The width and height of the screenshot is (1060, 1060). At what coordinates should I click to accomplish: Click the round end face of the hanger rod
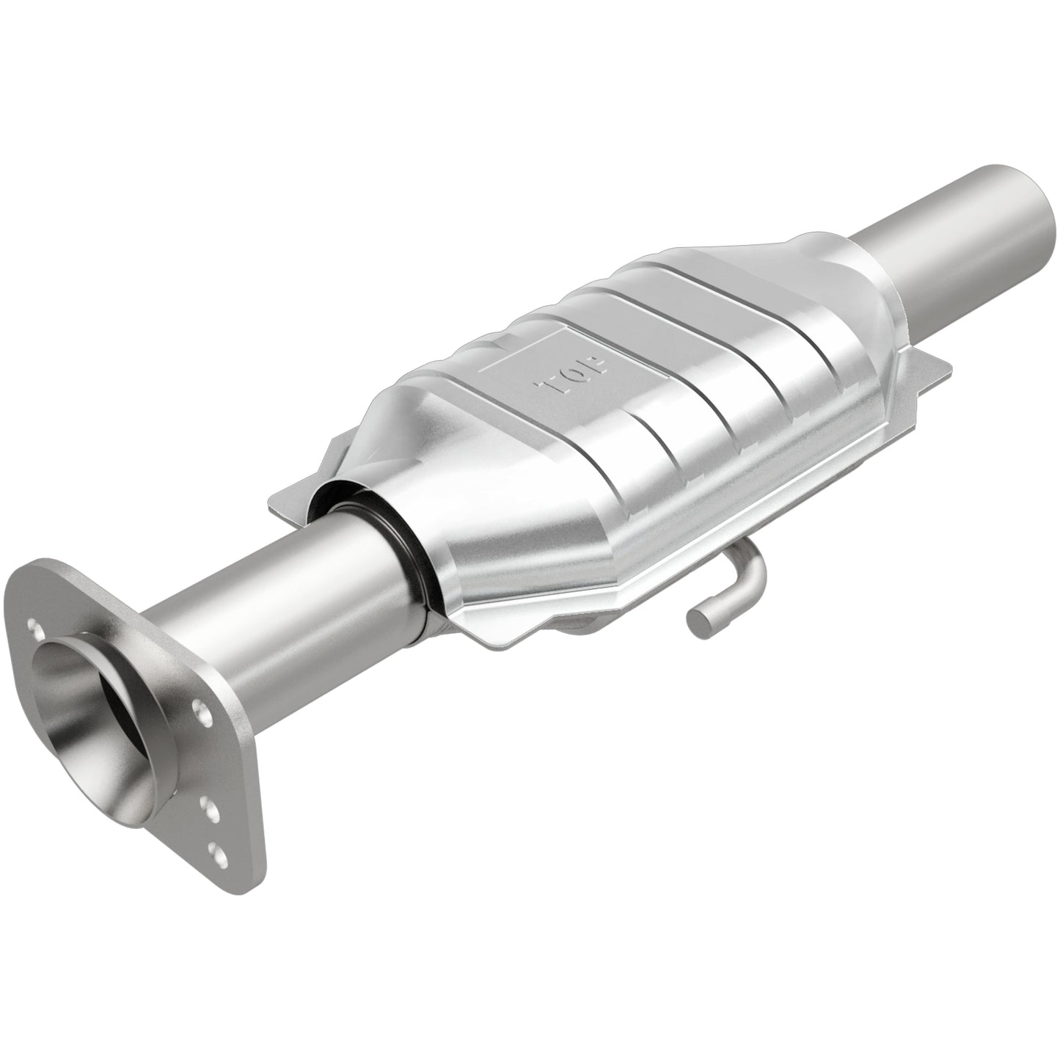coord(697,624)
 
